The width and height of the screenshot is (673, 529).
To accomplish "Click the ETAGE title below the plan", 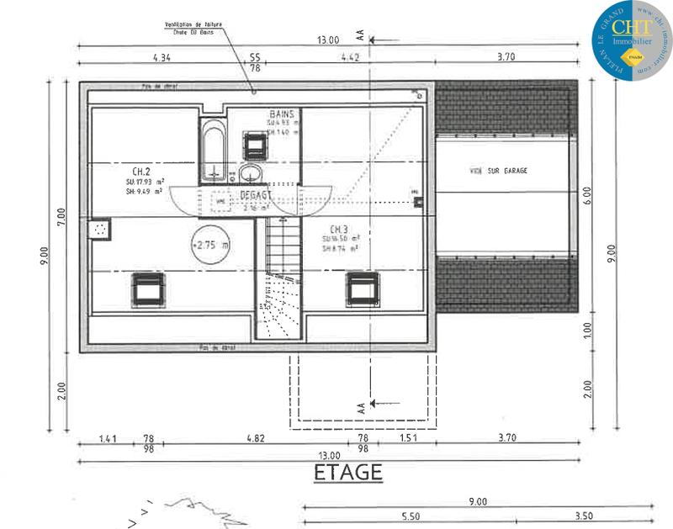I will pos(348,472).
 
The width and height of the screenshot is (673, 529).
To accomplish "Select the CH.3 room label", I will pos(339,229).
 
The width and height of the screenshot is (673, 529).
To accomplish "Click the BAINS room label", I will pos(280,114).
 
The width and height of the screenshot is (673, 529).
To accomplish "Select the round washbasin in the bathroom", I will pos(250,174).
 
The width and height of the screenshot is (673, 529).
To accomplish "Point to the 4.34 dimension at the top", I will pos(162,57).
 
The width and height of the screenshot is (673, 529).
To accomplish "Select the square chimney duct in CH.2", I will pos(100,228).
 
